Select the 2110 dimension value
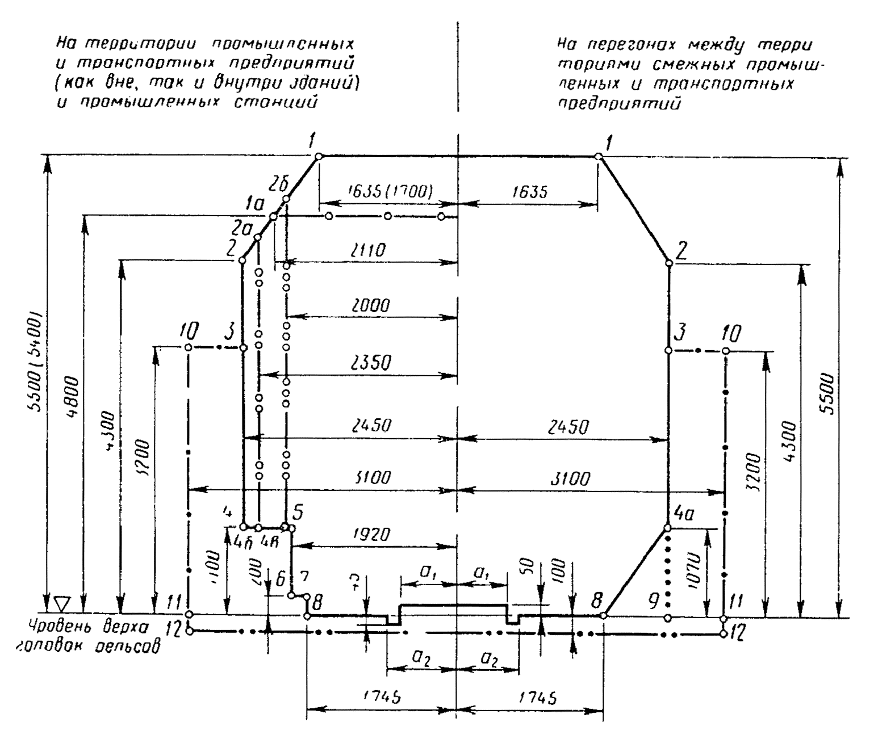[x=368, y=250]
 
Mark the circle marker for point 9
[x=668, y=618]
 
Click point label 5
[x=296, y=512]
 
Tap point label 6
[x=281, y=579]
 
